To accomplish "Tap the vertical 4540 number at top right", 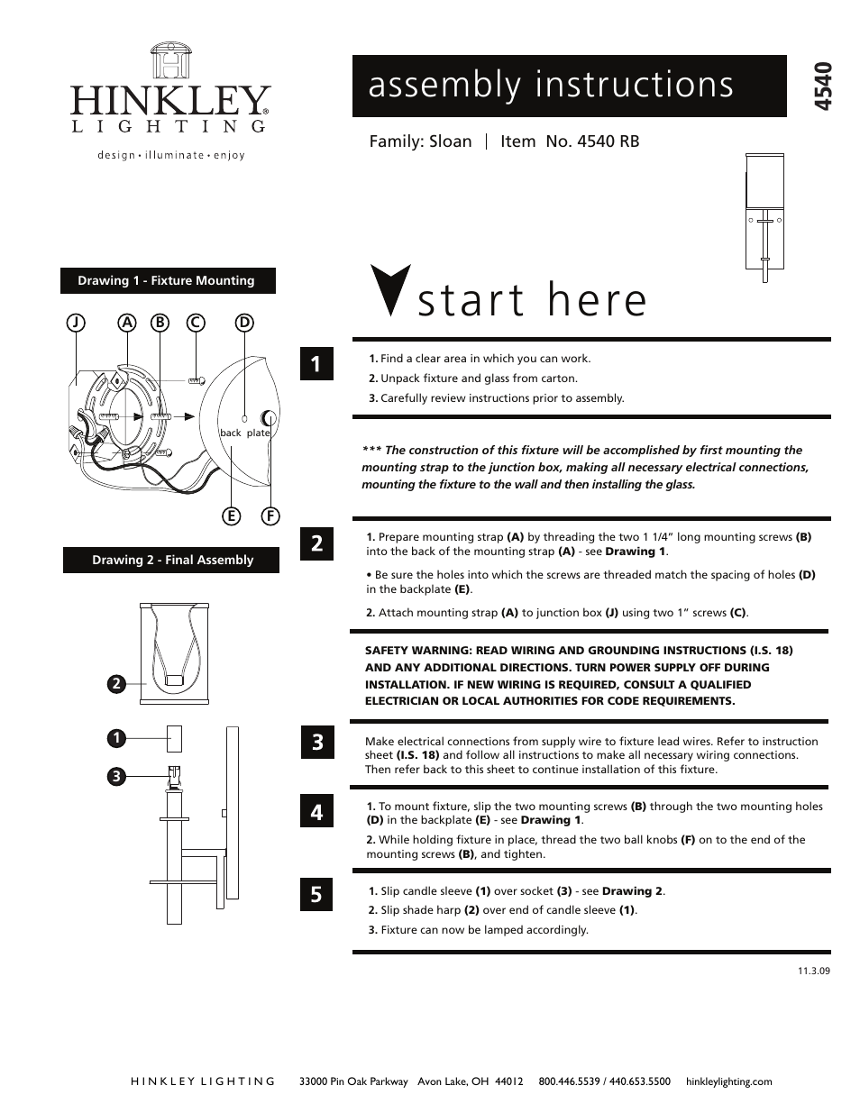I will point(822,87).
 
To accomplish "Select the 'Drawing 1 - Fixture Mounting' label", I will point(167,281).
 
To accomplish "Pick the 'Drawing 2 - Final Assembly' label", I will point(172,561).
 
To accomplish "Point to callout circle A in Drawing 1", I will point(127,323).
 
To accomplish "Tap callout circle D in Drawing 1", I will point(243,323).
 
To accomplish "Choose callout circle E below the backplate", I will point(232,516).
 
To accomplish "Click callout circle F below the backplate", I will point(270,516).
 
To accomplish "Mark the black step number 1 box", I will point(316,364).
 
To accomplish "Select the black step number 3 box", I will point(316,743).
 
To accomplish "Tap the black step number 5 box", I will point(316,894).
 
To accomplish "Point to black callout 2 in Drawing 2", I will point(115,684).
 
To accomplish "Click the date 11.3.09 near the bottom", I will point(813,972).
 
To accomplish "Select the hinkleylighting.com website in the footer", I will point(729,1081).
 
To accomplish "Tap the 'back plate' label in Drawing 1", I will point(245,433).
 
